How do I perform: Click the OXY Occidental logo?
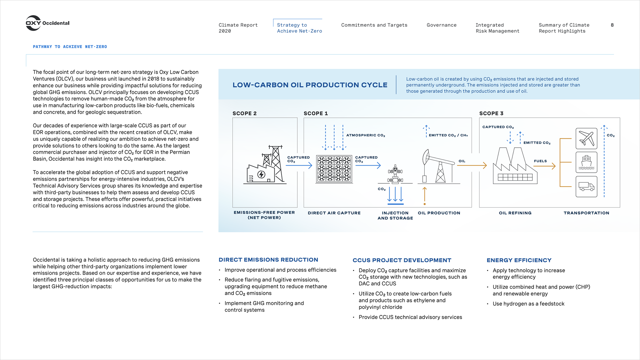pyautogui.click(x=47, y=23)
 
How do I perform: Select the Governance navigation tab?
pyautogui.click(x=441, y=25)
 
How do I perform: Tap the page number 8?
pyautogui.click(x=612, y=25)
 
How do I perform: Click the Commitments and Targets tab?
pyautogui.click(x=374, y=25)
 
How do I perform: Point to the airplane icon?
pyautogui.click(x=586, y=138)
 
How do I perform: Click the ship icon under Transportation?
pyautogui.click(x=586, y=162)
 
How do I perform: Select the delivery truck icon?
pyautogui.click(x=586, y=186)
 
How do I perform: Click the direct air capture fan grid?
pyautogui.click(x=334, y=169)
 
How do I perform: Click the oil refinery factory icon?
pyautogui.click(x=515, y=166)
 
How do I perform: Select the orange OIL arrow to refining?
pyautogui.click(x=472, y=165)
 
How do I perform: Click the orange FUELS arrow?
pyautogui.click(x=545, y=166)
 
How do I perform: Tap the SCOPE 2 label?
pyautogui.click(x=244, y=113)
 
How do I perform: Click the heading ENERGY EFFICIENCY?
pyautogui.click(x=519, y=260)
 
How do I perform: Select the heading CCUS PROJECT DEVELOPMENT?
pyautogui.click(x=402, y=260)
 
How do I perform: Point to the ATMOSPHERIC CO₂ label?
pyautogui.click(x=365, y=135)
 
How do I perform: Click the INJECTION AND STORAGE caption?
pyautogui.click(x=395, y=215)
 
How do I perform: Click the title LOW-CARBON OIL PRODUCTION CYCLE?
pyautogui.click(x=310, y=85)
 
